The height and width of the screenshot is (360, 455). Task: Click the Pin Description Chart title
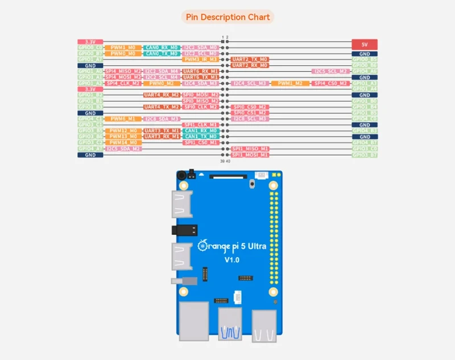[227, 17]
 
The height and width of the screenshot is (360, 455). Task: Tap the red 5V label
[365, 44]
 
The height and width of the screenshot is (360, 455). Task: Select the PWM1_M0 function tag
[123, 48]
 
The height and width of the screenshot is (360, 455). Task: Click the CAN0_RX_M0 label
[162, 48]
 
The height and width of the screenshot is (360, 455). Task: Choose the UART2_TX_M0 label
[250, 59]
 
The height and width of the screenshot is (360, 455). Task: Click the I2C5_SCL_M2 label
[330, 71]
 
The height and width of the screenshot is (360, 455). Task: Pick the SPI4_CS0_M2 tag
[330, 83]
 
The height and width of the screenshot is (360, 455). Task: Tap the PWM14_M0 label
[123, 142]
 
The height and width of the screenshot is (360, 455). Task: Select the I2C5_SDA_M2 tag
[123, 148]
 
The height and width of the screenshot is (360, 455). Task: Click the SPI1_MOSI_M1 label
[250, 154]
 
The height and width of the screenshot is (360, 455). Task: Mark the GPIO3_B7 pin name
[365, 155]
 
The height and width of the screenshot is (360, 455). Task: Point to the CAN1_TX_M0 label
[201, 136]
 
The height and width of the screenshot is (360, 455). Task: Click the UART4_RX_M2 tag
[162, 95]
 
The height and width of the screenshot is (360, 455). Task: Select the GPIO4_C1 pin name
[90, 119]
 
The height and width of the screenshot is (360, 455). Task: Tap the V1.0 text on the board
[232, 260]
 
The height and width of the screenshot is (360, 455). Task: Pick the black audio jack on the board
[183, 230]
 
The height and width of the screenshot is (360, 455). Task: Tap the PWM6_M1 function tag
[123, 119]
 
